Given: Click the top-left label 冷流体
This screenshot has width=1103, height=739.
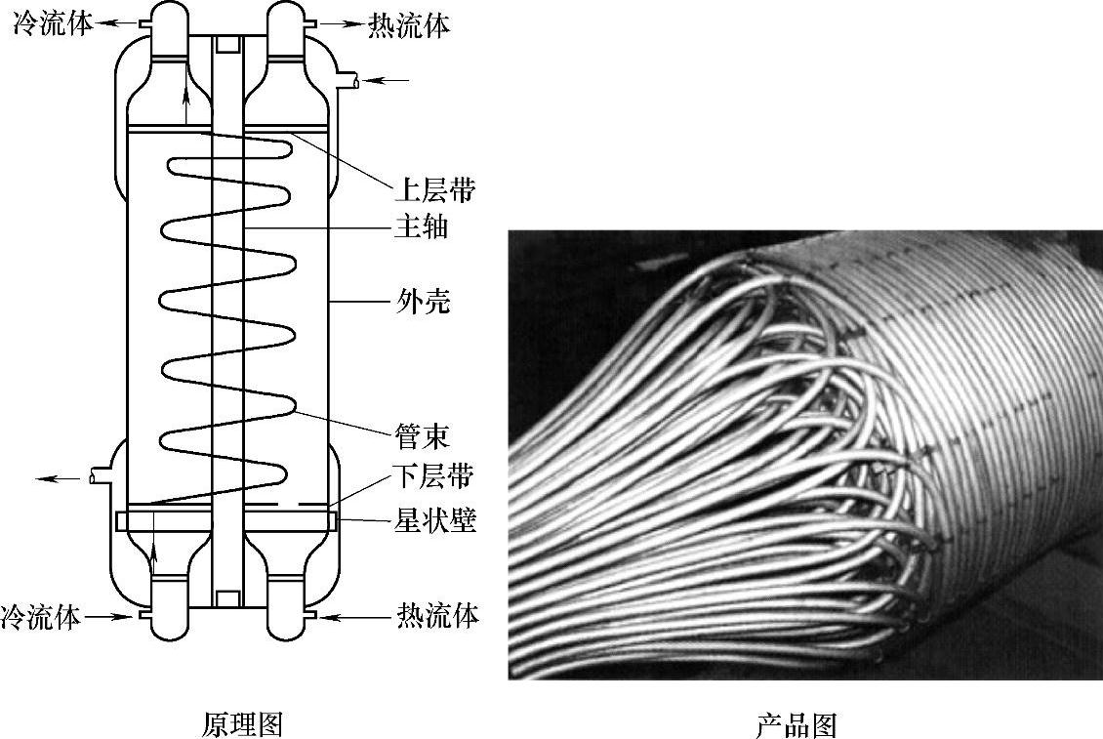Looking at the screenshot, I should coord(53,23).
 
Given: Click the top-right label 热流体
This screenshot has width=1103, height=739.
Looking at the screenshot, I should coord(409,25).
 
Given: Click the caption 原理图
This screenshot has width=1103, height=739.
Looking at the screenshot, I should coord(242,724).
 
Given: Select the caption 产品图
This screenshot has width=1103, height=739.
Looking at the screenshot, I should coord(797,724).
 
